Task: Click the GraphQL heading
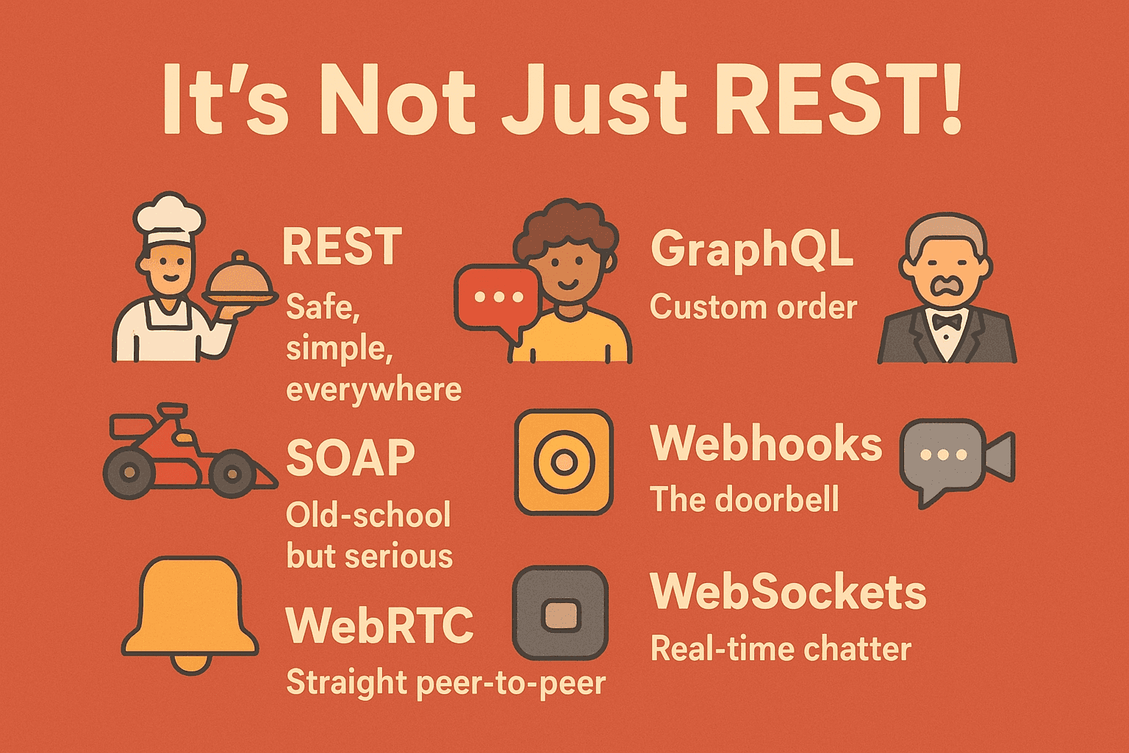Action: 751,249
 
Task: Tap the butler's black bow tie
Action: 946,321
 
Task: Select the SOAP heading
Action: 351,458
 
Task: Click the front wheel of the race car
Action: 232,474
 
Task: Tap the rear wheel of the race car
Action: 129,472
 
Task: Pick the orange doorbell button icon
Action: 564,462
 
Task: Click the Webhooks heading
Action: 766,444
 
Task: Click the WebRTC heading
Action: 379,626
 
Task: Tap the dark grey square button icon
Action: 560,613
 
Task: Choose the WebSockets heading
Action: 788,592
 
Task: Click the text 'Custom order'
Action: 753,307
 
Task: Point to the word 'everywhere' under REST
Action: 373,389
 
